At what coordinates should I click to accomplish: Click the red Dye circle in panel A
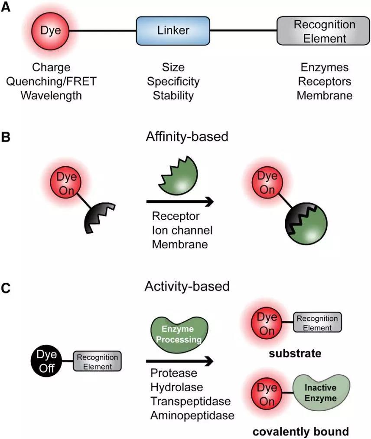[51, 31]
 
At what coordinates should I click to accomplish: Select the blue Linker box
[173, 31]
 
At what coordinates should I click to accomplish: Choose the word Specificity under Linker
[173, 81]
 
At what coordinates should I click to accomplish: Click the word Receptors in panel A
[325, 81]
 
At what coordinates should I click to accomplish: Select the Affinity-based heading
[187, 137]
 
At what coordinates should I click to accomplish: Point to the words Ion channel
[182, 230]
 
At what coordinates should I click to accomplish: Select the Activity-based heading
[187, 286]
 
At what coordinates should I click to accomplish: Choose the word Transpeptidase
[191, 401]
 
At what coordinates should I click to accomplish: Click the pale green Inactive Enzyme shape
[320, 390]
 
